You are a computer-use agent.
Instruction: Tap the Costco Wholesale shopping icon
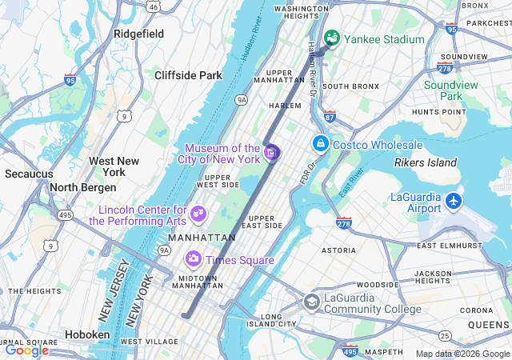[x=320, y=144]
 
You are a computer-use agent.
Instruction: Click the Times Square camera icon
[x=193, y=259]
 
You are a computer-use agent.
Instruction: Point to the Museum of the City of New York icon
[x=271, y=152]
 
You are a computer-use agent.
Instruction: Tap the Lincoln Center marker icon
[x=198, y=214]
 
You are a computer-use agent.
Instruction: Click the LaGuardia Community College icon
[x=311, y=302]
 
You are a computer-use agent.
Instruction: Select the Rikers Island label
[x=425, y=163]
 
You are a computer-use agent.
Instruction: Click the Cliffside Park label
[x=187, y=75]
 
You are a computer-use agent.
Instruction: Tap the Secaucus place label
[x=29, y=174]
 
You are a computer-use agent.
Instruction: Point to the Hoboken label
[x=86, y=334]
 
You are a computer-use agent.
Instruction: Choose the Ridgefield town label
[x=138, y=34]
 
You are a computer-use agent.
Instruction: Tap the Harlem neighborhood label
[x=285, y=105]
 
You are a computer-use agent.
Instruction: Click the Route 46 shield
[x=152, y=6]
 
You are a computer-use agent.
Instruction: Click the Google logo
[x=26, y=350]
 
